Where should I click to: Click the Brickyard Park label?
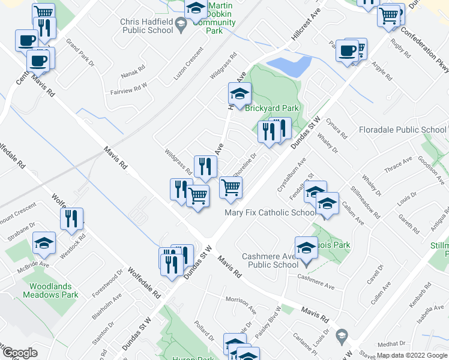pos(272,108)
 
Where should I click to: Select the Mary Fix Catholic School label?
pos(270,212)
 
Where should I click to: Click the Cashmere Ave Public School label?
pos(270,260)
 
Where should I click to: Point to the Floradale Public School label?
pos(403,130)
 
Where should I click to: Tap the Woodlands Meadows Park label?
pos(50,291)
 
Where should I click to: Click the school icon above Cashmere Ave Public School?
pos(306,247)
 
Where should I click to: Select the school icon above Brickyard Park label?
pos(239,94)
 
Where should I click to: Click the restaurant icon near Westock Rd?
pos(71,219)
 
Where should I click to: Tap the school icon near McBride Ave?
pos(44,243)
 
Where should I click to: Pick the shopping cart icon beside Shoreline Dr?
pos(231,188)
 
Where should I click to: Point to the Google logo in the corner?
pos(19,353)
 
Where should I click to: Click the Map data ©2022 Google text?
pos(412,355)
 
